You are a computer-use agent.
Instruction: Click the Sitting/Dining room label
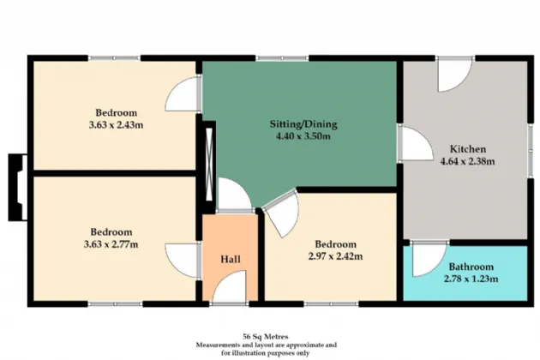coord(303,123)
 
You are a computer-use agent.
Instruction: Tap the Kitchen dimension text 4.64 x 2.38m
coord(468,161)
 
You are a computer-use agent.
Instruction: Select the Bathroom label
coord(471,267)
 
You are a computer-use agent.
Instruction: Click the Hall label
coord(231,259)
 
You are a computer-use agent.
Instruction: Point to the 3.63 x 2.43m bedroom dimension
coord(116,124)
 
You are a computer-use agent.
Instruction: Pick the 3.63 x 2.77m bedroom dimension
coord(111,244)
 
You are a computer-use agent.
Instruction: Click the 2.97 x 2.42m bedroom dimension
coord(335,256)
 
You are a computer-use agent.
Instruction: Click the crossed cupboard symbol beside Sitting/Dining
coord(208,165)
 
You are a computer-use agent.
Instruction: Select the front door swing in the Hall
coord(230,286)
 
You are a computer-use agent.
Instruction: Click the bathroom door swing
coord(429,259)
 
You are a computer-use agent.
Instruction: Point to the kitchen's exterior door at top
coord(454,76)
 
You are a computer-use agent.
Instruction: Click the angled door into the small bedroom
coord(280,213)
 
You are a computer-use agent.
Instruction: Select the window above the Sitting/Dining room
coord(282,58)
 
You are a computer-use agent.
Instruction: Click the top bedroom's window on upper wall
coord(115,58)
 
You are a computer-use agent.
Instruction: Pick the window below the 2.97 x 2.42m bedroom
coord(332,304)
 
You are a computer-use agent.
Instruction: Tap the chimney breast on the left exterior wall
coord(17,188)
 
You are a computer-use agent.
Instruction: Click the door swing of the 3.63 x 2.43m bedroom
coord(183,93)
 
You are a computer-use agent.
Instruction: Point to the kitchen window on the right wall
coord(531,152)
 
